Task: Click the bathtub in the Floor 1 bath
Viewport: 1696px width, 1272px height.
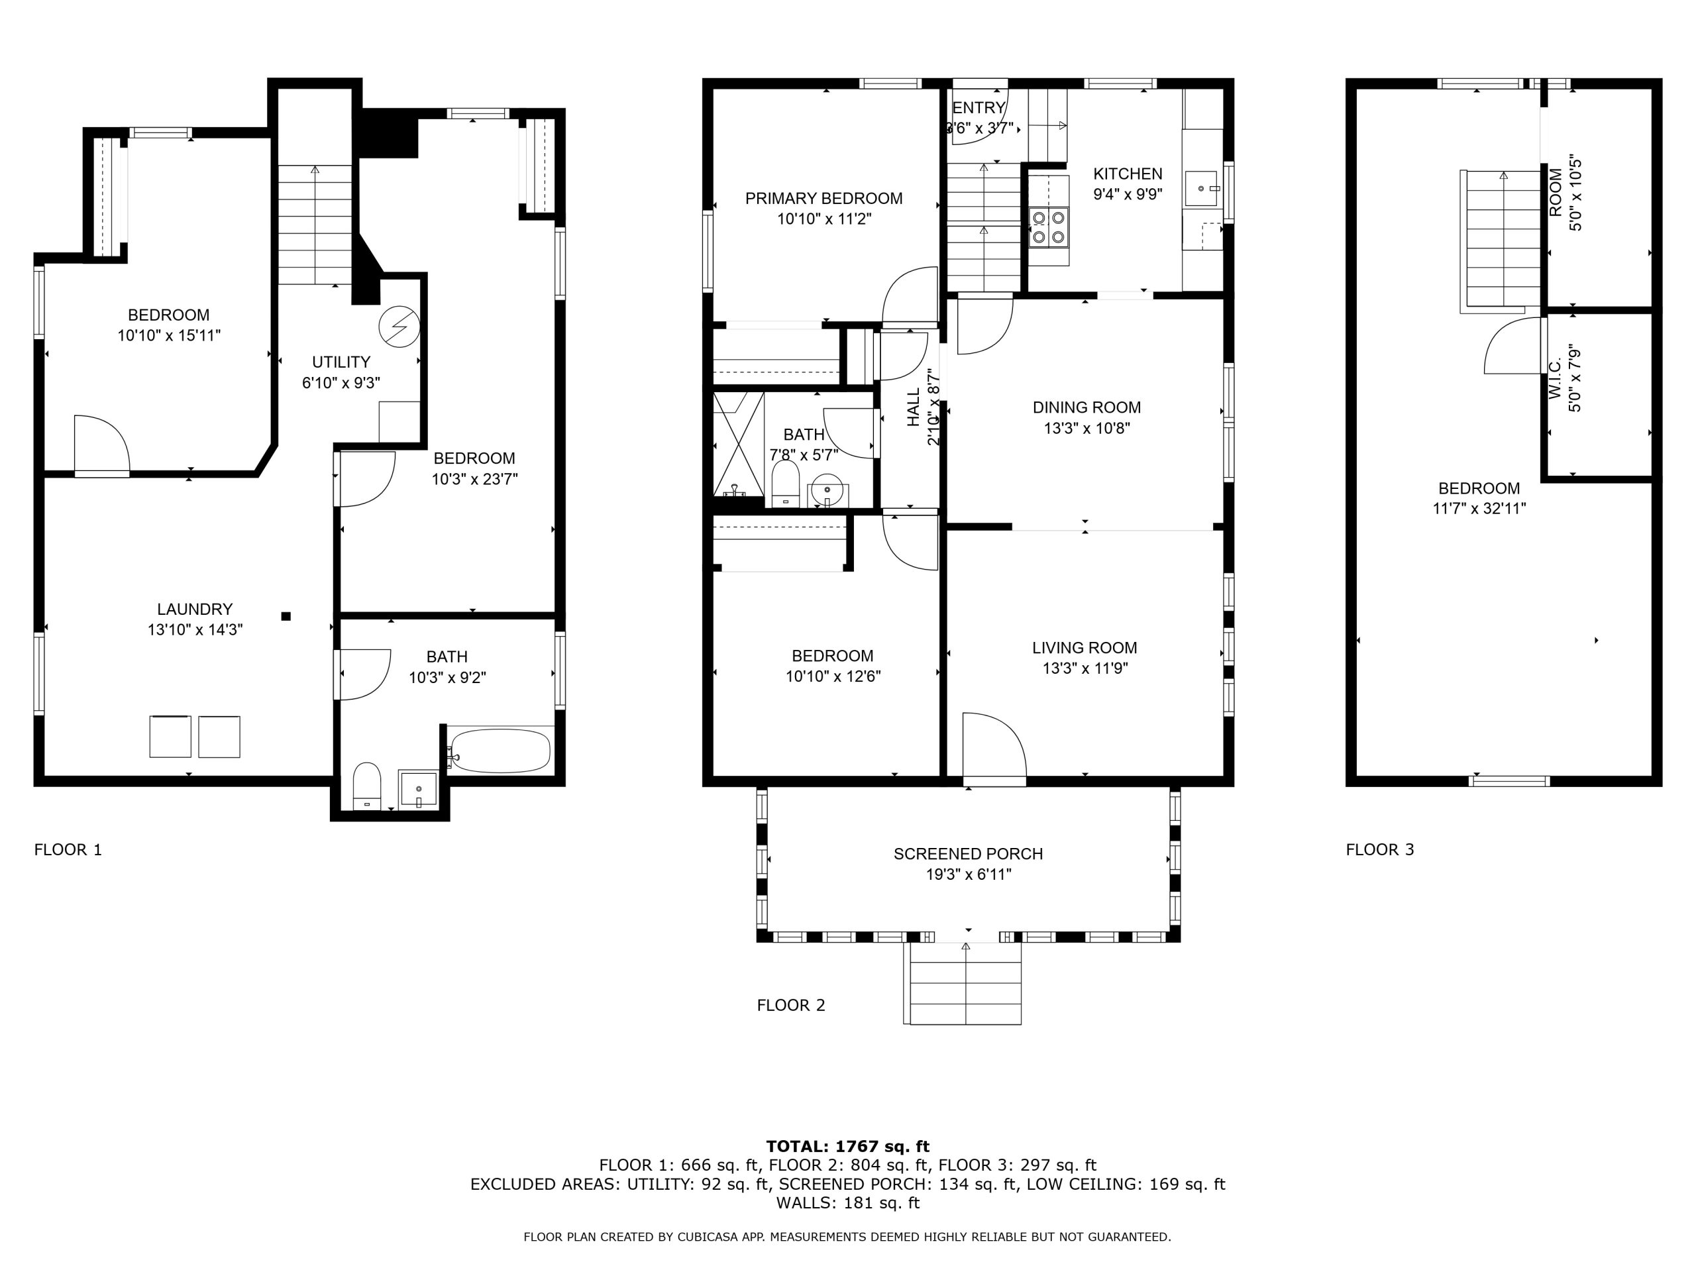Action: [500, 750]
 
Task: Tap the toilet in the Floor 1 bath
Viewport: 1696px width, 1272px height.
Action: [367, 785]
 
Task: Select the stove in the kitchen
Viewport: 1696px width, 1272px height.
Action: [1049, 227]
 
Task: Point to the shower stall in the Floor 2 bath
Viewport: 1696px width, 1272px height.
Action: [739, 445]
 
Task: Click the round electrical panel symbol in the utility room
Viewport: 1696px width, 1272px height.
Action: [399, 326]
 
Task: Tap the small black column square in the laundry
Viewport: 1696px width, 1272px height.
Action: [286, 615]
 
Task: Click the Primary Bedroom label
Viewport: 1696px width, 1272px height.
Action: [823, 199]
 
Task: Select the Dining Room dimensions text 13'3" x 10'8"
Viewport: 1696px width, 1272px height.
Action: [1086, 428]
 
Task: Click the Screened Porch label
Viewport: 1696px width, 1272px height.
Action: [968, 854]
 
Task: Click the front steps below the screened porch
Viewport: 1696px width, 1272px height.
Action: [965, 983]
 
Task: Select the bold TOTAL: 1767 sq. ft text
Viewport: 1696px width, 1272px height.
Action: [847, 1146]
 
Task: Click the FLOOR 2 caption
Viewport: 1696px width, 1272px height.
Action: [790, 1005]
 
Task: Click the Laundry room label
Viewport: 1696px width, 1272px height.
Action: [195, 609]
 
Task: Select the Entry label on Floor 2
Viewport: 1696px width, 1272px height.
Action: [979, 108]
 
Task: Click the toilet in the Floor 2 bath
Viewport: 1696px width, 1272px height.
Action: [785, 483]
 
